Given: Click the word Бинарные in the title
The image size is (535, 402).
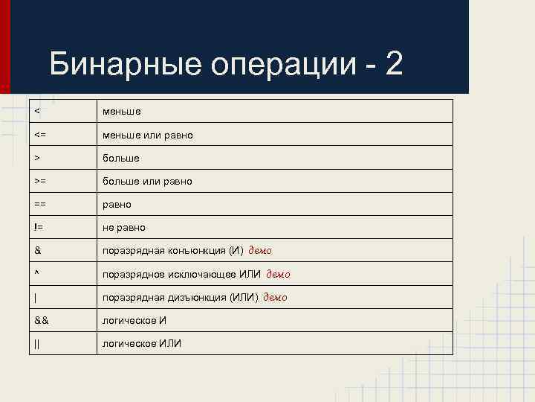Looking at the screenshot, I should pos(124,66).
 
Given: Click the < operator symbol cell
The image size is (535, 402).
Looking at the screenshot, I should pos(36,112).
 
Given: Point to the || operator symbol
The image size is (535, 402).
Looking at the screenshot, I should pos(36,343).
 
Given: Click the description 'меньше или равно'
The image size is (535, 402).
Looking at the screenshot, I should pos(148,135).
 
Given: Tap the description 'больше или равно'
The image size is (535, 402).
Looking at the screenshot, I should pos(147,182).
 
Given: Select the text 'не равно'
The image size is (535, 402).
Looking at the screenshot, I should pos(124,228).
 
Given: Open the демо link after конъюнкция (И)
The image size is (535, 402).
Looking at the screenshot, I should pos(265,250).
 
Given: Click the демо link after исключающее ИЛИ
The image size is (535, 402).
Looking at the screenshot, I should pos(278,274).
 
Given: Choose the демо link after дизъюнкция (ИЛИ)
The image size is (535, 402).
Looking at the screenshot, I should pos(275,297).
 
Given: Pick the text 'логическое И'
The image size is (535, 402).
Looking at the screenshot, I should pos(134,320).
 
